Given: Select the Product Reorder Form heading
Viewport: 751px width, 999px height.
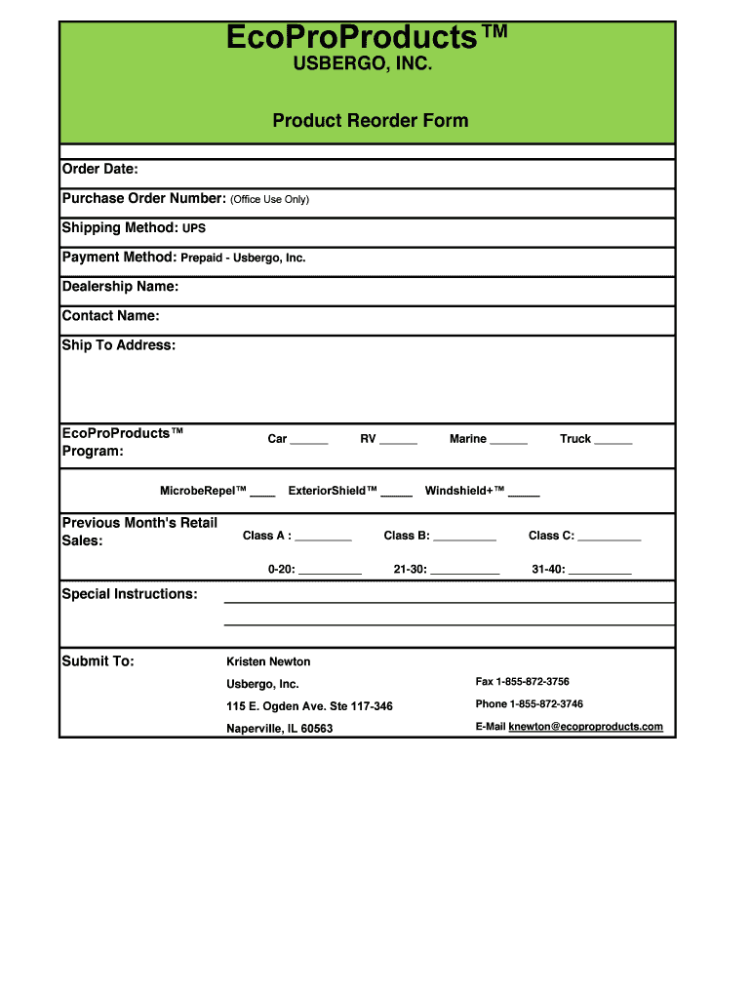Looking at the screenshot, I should point(370,121).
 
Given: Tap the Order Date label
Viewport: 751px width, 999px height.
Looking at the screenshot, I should point(100,170).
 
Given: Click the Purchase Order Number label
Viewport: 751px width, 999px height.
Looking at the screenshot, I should point(143,199).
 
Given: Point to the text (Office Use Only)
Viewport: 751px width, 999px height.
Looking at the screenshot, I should point(269,200).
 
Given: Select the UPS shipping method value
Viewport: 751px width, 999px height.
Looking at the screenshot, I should point(194,228).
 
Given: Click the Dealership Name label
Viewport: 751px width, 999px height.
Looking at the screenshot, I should point(120,287).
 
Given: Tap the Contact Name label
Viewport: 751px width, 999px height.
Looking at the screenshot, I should point(110,316).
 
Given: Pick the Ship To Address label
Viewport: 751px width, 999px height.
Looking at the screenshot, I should point(118,345).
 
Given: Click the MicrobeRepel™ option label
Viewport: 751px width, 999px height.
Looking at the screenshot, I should point(203,492).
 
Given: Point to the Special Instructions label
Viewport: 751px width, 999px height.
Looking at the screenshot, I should point(130,594).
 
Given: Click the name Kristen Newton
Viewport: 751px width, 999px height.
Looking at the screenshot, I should point(268,661).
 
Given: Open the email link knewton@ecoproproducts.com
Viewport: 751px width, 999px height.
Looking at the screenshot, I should point(585,727).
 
